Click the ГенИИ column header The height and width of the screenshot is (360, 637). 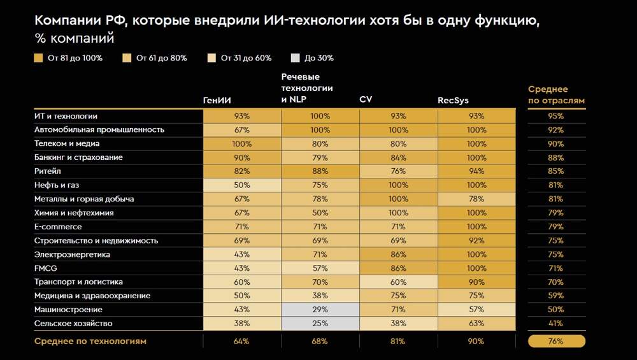(217, 100)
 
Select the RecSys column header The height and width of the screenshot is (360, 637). (453, 100)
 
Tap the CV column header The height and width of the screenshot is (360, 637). (366, 100)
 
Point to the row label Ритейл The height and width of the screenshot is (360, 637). (47, 171)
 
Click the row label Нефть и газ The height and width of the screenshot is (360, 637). (57, 185)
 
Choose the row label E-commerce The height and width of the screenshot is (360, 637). (58, 227)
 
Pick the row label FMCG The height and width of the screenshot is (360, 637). (45, 268)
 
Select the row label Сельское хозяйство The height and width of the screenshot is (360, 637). (73, 324)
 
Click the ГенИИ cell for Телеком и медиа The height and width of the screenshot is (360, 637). (242, 144)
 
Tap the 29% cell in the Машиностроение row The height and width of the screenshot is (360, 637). (320, 310)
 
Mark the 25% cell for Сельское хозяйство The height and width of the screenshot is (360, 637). (320, 324)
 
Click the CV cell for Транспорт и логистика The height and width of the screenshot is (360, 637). (399, 282)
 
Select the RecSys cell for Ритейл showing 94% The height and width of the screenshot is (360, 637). (476, 171)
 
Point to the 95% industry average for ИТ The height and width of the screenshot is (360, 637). (556, 117)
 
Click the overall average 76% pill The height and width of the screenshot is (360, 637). (556, 342)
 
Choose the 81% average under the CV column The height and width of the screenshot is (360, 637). (399, 342)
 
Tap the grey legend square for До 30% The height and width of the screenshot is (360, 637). (294, 58)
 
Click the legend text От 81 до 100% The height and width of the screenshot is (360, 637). (75, 58)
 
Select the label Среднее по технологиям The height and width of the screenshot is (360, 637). (90, 342)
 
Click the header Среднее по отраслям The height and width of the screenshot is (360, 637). (556, 95)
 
